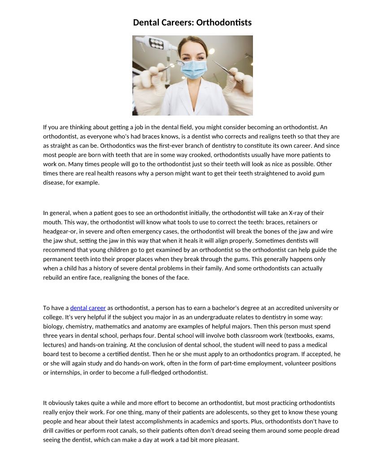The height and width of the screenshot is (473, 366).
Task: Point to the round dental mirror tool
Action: pyautogui.click(x=180, y=63)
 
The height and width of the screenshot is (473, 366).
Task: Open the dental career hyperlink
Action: pyautogui.click(x=88, y=308)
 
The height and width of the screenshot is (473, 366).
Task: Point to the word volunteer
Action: pyautogui.click(x=288, y=363)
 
